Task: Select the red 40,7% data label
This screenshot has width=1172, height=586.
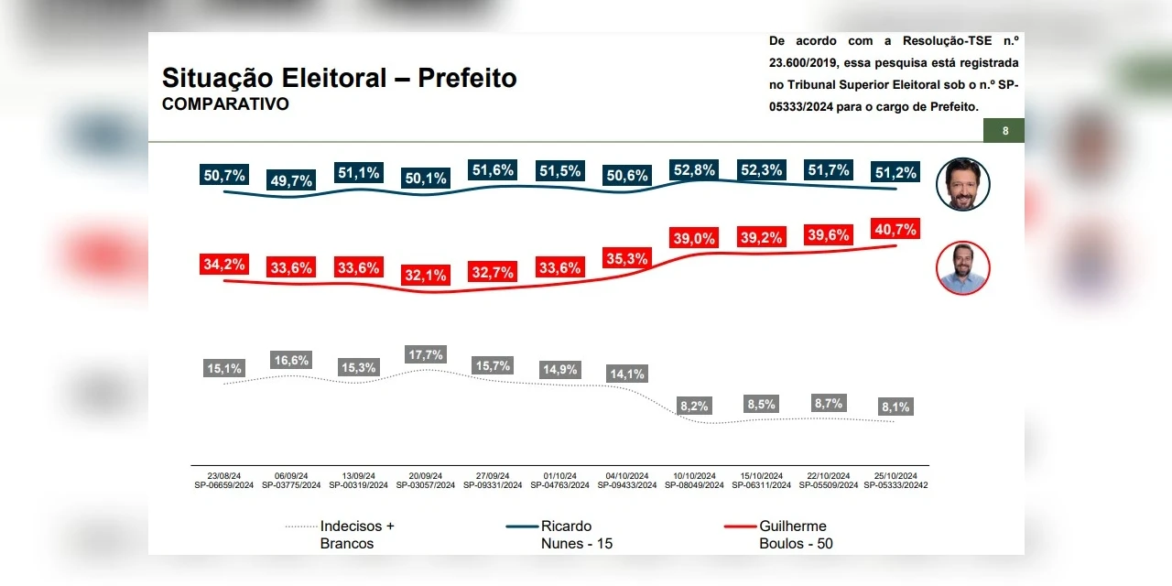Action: pos(895,229)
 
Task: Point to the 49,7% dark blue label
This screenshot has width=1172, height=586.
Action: pos(292,180)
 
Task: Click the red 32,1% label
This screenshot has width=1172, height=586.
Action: pos(425,274)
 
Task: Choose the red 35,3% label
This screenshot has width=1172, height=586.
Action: pos(626,258)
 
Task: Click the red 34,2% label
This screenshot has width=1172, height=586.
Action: pos(223,265)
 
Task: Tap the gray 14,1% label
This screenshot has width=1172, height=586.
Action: pos(627,374)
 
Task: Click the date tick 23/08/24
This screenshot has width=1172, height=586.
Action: pos(223,476)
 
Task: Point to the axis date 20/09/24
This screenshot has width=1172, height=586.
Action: pos(425,476)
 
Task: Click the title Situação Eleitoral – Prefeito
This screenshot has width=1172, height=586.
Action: pos(340,78)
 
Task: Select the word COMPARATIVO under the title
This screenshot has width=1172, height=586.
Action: pos(225,104)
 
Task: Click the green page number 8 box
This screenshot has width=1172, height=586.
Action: pos(1004,131)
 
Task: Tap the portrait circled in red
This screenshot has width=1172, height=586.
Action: pos(963,267)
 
